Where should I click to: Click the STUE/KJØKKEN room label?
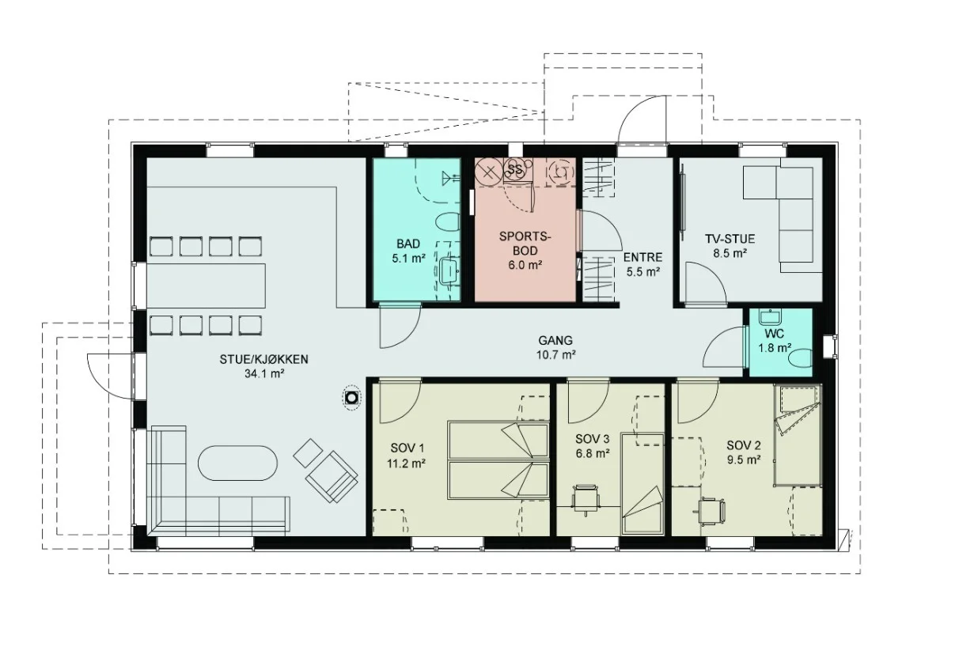click(263, 359)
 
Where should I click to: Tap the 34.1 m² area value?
click(264, 373)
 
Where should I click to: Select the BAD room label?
click(408, 244)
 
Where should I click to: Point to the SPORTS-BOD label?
click(525, 244)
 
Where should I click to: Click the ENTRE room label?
click(642, 257)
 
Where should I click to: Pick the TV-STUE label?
click(730, 238)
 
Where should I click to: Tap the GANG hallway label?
click(555, 340)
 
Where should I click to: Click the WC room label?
click(774, 333)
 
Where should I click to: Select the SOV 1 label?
click(407, 448)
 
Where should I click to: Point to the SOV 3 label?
click(592, 438)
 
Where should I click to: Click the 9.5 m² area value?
click(744, 460)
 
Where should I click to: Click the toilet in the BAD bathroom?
click(448, 222)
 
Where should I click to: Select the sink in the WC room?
click(770, 317)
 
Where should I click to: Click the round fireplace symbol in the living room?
click(352, 398)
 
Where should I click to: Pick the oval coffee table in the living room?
click(237, 463)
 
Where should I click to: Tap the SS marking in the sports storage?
click(514, 169)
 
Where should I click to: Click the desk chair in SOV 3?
click(586, 499)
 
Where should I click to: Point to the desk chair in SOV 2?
click(711, 511)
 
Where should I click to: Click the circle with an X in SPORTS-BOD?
click(489, 172)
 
